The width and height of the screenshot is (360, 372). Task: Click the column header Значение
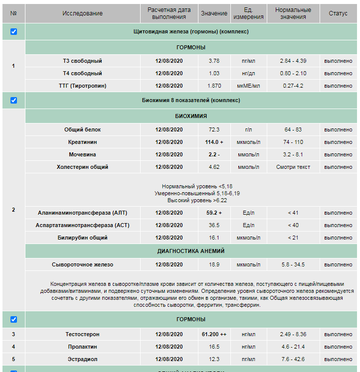tap(214, 13)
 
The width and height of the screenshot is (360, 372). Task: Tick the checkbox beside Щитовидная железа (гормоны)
tap(13, 31)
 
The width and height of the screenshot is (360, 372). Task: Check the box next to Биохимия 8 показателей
tap(13, 100)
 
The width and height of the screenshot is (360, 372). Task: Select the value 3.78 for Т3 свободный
tap(214, 61)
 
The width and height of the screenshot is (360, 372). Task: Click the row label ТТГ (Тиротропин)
tap(83, 86)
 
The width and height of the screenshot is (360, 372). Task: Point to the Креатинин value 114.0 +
tap(214, 142)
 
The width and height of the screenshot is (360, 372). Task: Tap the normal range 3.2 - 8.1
tap(293, 154)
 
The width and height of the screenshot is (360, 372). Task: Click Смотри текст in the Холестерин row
tap(293, 167)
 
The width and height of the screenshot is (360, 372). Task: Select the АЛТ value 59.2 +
tap(214, 213)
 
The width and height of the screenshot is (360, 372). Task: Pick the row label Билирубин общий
tap(83, 238)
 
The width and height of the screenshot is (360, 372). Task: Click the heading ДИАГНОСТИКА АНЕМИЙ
tap(191, 251)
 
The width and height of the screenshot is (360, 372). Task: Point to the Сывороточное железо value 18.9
tap(214, 264)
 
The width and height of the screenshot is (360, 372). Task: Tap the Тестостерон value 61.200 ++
tap(214, 334)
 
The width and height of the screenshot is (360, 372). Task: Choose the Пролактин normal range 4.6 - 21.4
tap(293, 347)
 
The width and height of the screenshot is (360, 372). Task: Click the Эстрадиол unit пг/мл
tap(248, 359)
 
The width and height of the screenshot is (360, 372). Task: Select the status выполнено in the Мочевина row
tap(338, 154)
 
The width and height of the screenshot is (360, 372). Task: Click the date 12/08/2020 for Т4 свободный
tap(169, 73)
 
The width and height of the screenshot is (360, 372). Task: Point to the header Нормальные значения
tap(293, 13)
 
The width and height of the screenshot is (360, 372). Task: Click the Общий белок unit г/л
tap(248, 129)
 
